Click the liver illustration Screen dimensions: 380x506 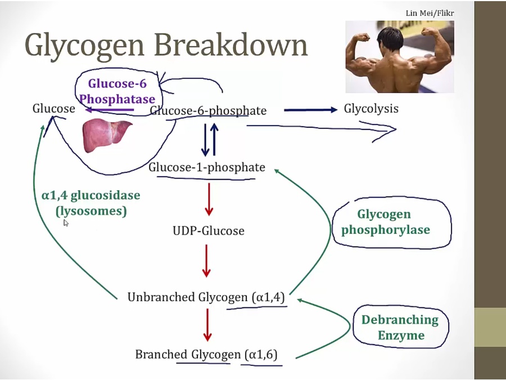(x=107, y=136)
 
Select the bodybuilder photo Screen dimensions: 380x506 (x=400, y=56)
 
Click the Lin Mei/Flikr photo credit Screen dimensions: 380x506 (x=430, y=13)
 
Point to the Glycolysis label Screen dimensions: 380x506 (x=371, y=109)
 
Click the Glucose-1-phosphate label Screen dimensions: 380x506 (x=207, y=167)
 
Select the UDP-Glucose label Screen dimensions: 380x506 (x=209, y=231)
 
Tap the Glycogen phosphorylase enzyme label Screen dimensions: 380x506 (x=385, y=222)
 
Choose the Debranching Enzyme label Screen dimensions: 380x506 (x=400, y=327)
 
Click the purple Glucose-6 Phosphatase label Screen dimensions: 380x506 (x=118, y=92)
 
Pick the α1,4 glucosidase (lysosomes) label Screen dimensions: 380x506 (x=91, y=203)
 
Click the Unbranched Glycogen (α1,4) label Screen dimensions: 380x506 (x=206, y=297)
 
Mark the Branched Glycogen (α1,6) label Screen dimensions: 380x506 (x=206, y=355)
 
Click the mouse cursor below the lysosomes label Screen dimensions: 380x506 (x=66, y=223)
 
